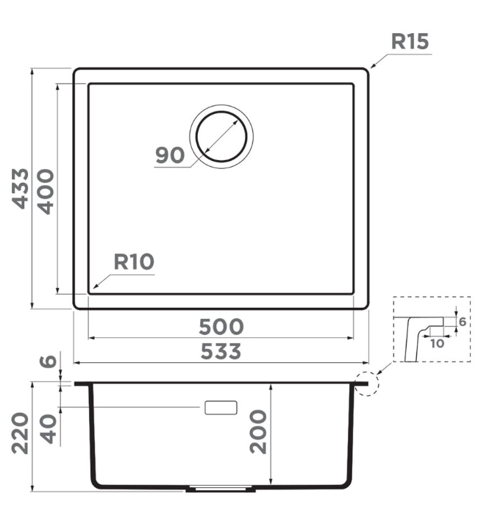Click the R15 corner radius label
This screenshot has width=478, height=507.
click(x=409, y=42)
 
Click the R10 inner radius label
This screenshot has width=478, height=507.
click(x=134, y=262)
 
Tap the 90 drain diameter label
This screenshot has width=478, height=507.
click(x=169, y=156)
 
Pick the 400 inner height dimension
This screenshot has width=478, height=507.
click(x=46, y=190)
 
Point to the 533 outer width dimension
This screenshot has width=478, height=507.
click(x=221, y=352)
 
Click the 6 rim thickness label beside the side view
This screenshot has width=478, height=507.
click(x=48, y=362)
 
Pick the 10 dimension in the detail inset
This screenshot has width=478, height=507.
click(x=437, y=342)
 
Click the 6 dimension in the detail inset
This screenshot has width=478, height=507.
click(x=462, y=322)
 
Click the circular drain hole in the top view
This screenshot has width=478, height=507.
click(x=221, y=137)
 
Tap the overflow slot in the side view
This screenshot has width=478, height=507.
click(x=221, y=408)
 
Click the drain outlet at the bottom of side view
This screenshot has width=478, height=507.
click(x=218, y=487)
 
